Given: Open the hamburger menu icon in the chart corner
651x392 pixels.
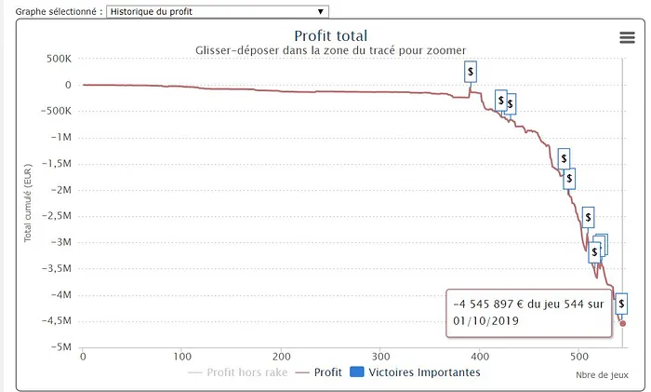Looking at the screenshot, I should [627, 36].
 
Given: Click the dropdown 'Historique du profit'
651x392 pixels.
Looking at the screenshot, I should [218, 11].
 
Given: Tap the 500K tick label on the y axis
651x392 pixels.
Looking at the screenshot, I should [58, 59].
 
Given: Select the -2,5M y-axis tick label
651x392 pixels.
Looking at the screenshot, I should [55, 216].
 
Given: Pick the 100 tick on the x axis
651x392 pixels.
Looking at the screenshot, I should [182, 356].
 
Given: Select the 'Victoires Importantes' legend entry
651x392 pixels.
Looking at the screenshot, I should [424, 372].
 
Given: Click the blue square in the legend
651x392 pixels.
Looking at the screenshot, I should [357, 372].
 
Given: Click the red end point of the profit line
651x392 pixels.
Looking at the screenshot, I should [622, 323].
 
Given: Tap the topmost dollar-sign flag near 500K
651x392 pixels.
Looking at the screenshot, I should [472, 71].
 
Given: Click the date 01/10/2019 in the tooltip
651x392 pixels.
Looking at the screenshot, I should [486, 320].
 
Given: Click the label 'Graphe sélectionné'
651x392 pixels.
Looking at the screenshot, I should [51, 11].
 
